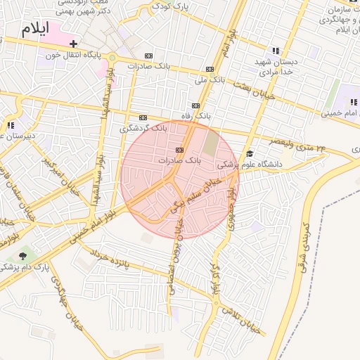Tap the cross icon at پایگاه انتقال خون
[x=74, y=44]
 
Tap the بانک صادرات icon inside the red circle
[x=179, y=150]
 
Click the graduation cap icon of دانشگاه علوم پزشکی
[x=249, y=154]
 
